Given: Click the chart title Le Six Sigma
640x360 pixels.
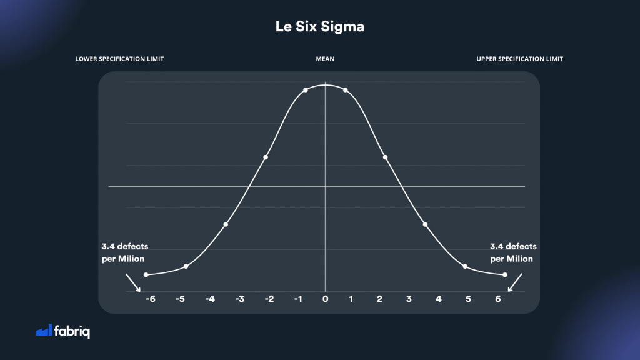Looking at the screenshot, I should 319,27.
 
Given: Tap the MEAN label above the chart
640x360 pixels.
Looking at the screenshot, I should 325,59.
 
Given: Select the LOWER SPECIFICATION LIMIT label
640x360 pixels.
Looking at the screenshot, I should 124,59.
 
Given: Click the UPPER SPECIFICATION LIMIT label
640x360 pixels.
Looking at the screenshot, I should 519,59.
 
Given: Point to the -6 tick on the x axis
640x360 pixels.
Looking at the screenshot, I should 150,299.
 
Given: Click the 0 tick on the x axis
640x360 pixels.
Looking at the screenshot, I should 325,299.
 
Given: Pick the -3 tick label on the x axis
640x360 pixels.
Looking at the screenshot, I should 239,299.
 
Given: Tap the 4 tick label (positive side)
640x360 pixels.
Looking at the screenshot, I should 439,299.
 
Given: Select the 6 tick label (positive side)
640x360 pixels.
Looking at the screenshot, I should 498,299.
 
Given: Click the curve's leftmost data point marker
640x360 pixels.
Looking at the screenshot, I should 146,275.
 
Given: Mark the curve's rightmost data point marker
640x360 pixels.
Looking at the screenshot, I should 504,275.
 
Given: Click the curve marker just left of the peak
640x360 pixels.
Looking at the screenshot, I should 306,91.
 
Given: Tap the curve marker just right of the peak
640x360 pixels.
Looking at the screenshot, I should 345,91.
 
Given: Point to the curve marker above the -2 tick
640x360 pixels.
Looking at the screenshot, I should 266,157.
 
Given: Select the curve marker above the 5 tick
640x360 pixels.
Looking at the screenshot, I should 465,267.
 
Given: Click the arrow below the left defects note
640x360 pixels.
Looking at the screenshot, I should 133,282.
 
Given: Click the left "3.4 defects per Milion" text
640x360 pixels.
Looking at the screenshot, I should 125,252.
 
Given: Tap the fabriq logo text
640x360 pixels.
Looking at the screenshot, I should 72,331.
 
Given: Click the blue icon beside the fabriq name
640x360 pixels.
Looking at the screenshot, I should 43,331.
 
